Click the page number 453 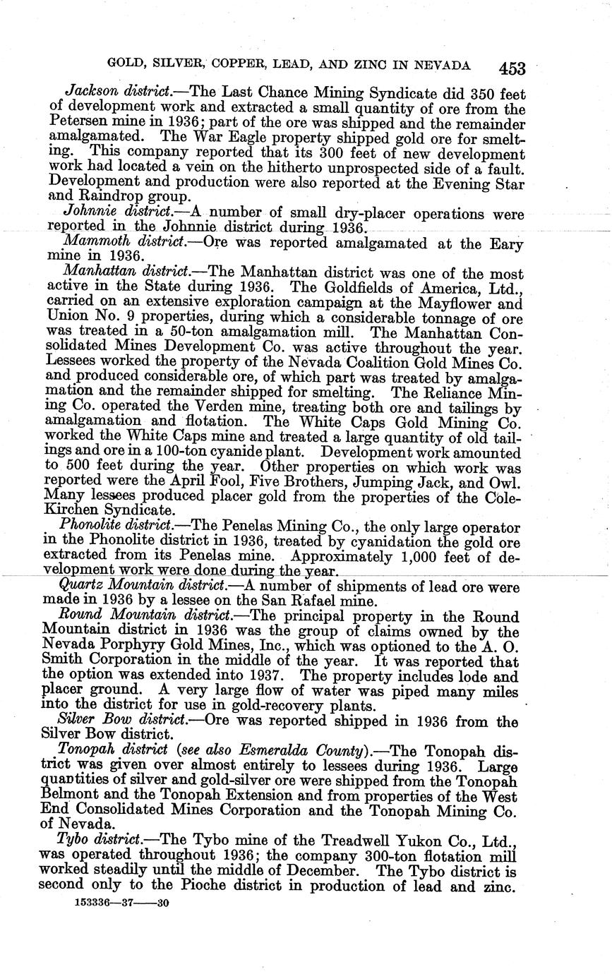tap(512, 68)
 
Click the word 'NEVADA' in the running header tap(444, 66)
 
